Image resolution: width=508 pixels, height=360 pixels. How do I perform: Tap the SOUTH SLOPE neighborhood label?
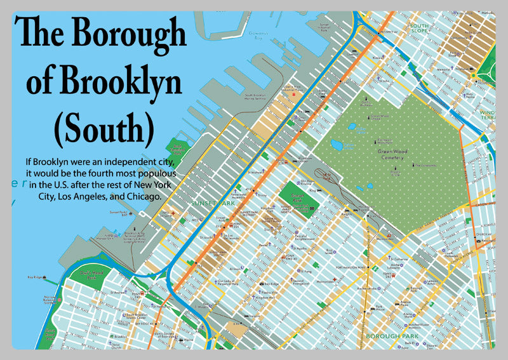pos(420,28)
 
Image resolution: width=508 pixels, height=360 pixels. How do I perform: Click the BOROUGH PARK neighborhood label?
pos(392,335)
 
